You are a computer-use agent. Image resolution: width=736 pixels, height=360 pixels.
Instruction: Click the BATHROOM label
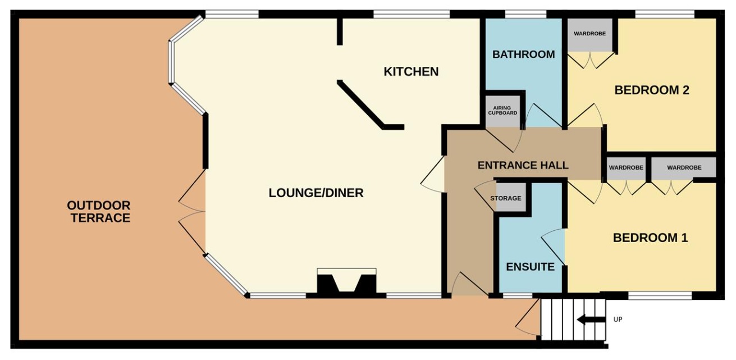tap(523, 54)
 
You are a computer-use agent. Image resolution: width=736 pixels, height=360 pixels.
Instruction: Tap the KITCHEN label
tap(411, 72)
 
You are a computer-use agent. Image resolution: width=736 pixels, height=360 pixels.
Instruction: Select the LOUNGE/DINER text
tap(316, 193)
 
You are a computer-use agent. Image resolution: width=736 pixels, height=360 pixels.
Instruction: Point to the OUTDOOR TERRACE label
tap(99, 212)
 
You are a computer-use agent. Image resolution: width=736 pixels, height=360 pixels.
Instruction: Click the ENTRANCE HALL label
tap(523, 165)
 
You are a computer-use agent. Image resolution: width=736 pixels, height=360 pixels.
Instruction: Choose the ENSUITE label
tap(531, 267)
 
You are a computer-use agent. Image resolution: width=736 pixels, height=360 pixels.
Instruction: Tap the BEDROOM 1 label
tap(650, 238)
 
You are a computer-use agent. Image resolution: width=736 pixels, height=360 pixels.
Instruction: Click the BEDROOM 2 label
tap(652, 90)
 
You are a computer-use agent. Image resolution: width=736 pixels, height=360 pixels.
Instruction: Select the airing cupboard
tap(502, 111)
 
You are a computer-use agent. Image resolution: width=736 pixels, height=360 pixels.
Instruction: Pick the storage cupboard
tap(510, 198)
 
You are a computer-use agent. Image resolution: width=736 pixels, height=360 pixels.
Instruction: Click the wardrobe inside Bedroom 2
tap(590, 34)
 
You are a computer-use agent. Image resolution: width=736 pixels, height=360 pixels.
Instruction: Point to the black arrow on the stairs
tap(591, 320)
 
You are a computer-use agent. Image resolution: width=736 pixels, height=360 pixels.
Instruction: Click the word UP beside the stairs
tap(618, 320)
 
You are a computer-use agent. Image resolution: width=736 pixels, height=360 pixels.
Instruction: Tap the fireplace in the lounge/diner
tap(346, 282)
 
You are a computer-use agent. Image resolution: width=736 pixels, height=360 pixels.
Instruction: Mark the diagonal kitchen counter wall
tap(371, 105)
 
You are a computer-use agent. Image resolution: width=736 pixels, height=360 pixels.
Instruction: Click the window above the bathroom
tap(525, 14)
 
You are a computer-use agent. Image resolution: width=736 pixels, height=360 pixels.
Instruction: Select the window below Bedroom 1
tap(660, 295)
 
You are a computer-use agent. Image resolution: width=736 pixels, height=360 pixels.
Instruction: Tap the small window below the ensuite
tap(518, 295)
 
